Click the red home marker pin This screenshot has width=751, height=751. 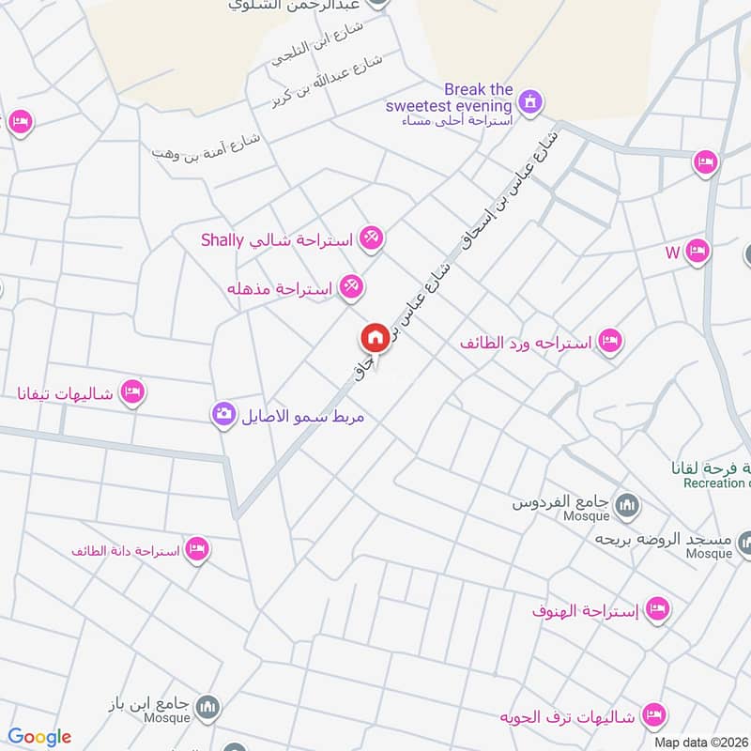click(x=374, y=338)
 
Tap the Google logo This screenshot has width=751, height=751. click(x=39, y=737)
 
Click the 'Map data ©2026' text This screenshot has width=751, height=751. click(x=701, y=742)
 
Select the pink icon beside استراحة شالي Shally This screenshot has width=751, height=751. click(x=370, y=239)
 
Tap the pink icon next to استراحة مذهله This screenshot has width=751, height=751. click(x=350, y=288)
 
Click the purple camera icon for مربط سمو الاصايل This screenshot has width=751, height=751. click(x=223, y=414)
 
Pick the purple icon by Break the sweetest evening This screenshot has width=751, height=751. click(x=530, y=100)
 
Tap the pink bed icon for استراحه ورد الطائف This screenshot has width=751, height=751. click(x=609, y=343)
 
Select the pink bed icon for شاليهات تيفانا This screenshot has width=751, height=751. click(x=132, y=392)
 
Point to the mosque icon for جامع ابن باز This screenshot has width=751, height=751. click(x=208, y=708)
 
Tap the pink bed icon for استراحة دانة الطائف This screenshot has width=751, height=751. click(x=196, y=549)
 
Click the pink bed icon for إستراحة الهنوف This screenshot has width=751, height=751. click(x=657, y=611)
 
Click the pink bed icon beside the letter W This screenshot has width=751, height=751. click(x=697, y=252)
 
